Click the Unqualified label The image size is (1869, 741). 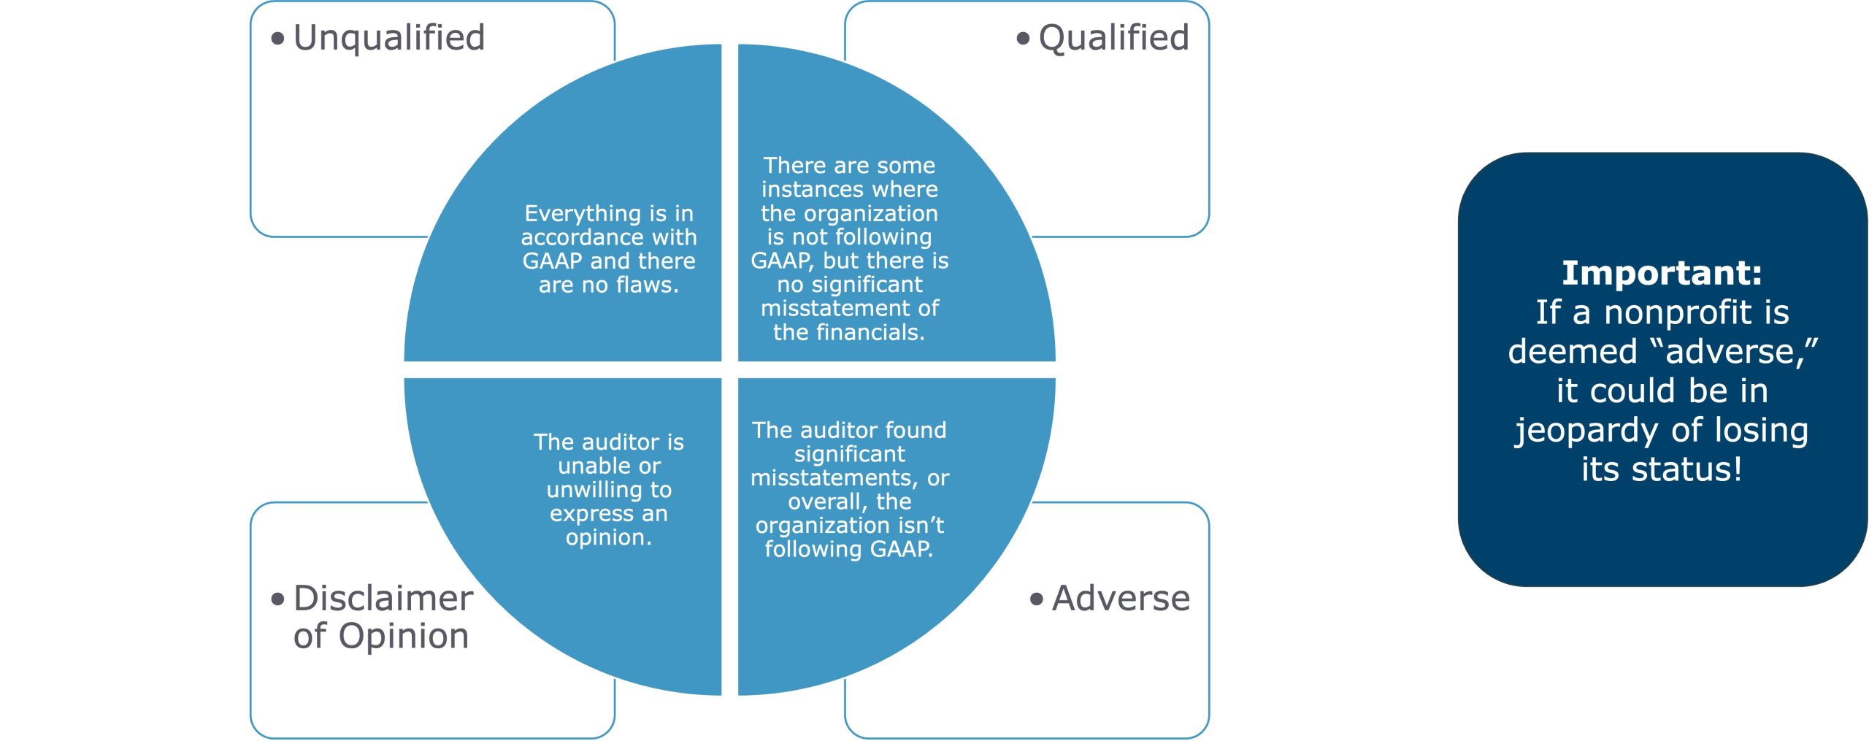[388, 38]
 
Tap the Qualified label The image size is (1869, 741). [1113, 38]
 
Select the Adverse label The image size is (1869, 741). [1121, 599]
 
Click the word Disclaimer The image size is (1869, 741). [383, 599]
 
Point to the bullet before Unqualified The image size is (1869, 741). [277, 39]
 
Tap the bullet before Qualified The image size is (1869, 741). [1023, 39]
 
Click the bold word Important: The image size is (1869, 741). [1662, 273]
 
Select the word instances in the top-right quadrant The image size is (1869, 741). [807, 190]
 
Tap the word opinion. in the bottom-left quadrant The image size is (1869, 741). [608, 537]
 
